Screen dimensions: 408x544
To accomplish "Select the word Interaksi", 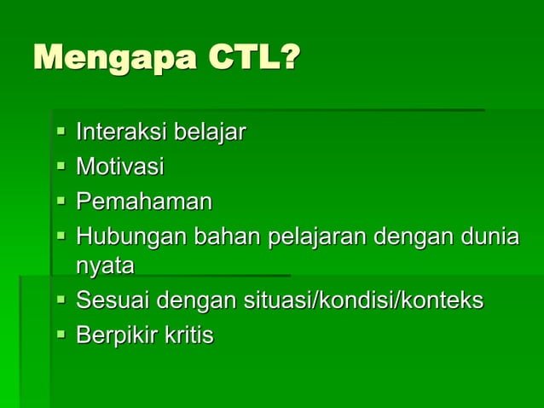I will [x=122, y=133].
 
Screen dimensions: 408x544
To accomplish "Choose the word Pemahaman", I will [x=144, y=201].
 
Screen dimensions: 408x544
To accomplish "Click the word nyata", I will [x=105, y=266].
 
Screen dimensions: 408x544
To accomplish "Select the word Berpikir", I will [x=117, y=335].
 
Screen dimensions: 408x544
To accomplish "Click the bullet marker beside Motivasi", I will [x=61, y=167].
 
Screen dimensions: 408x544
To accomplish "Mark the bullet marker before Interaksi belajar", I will [x=61, y=133].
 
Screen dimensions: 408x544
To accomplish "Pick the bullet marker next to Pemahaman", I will [x=61, y=202].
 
